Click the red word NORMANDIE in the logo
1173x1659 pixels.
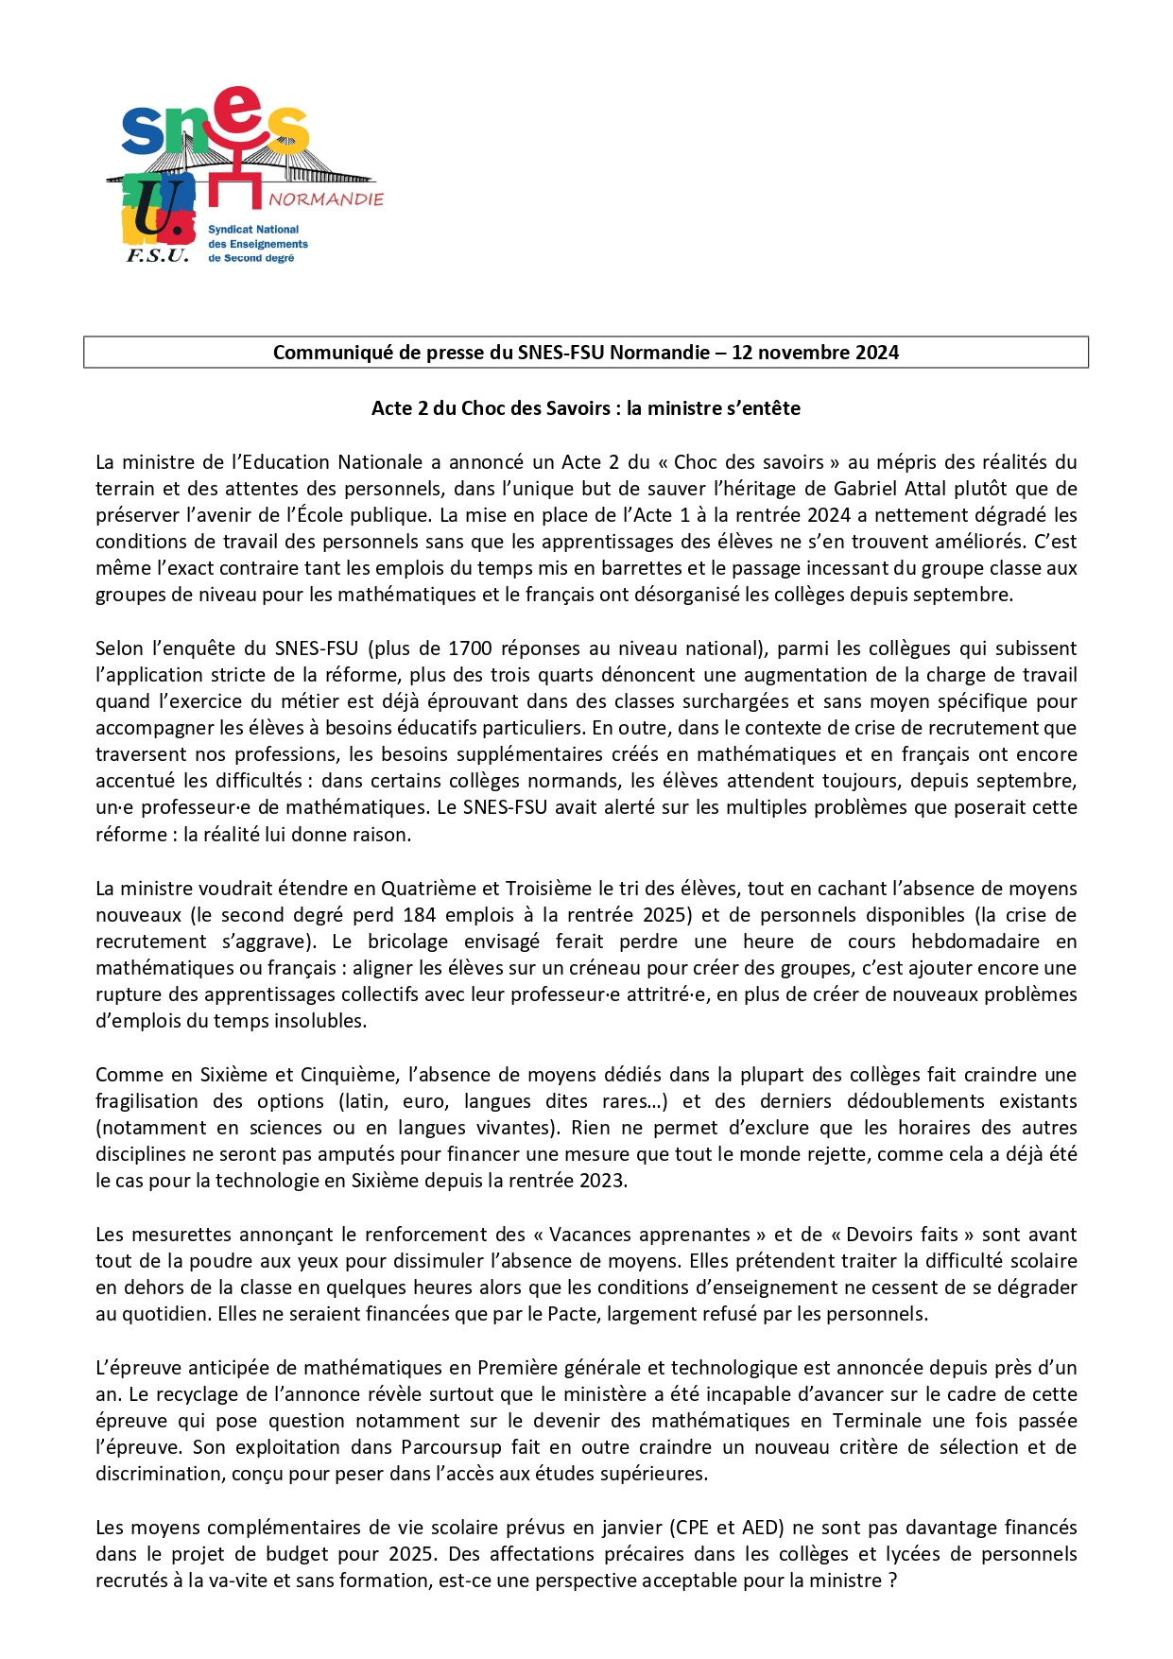point(326,199)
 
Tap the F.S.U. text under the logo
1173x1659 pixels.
point(158,255)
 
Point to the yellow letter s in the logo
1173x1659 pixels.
point(287,130)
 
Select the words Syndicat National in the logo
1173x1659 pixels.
point(253,230)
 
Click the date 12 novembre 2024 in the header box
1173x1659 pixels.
point(815,353)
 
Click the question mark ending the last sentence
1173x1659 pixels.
point(892,1581)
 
